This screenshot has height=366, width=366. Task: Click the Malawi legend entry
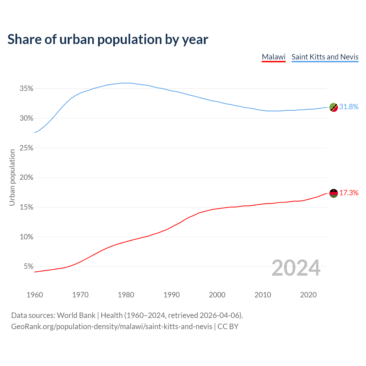274,57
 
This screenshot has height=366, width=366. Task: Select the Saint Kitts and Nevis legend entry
325,57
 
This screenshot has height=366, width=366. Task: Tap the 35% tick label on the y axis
27,89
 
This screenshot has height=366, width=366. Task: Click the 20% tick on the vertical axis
27,178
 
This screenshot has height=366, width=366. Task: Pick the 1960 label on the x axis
35,295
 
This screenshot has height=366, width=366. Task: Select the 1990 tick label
172,295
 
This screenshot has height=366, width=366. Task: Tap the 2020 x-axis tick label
308,295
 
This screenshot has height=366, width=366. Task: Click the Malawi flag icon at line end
334,193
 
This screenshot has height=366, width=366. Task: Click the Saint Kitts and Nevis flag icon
334,107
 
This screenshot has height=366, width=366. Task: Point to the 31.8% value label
349,107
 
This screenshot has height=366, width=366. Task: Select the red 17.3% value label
349,193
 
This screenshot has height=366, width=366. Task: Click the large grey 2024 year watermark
296,268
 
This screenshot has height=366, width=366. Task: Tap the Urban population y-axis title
12,178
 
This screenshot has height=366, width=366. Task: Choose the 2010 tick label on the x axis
263,295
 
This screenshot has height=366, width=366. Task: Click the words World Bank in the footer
76,315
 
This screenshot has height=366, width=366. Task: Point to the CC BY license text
228,327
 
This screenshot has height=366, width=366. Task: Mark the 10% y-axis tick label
27,237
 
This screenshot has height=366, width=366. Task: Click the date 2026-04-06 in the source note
219,315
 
